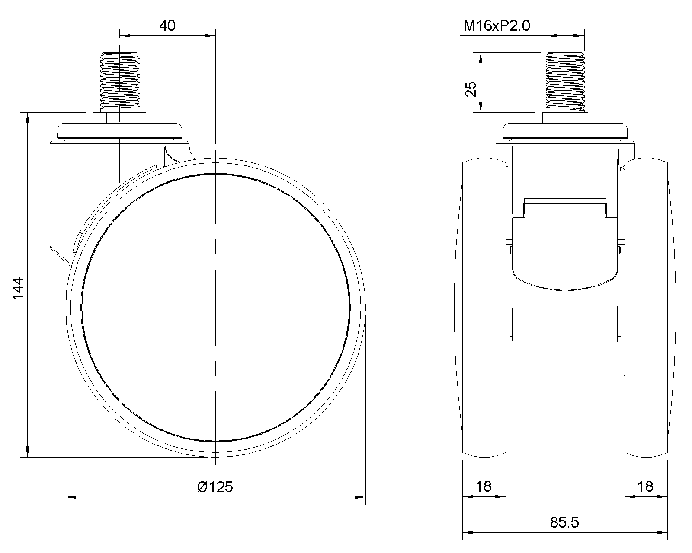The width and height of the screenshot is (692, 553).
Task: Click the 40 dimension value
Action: click(167, 26)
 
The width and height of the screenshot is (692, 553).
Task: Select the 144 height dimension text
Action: click(18, 288)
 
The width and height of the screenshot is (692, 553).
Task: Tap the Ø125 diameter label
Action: click(215, 487)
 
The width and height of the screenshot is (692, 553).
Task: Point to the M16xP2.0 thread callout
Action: click(497, 26)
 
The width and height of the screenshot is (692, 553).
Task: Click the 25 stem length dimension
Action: click(471, 89)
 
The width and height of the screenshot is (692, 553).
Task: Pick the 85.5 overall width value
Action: click(564, 522)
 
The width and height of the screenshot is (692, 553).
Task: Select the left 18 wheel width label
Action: click(484, 487)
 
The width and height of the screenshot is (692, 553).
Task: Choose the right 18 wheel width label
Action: click(645, 487)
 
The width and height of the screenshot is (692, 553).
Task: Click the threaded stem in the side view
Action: click(120, 80)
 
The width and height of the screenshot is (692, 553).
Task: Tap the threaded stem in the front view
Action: click(565, 80)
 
